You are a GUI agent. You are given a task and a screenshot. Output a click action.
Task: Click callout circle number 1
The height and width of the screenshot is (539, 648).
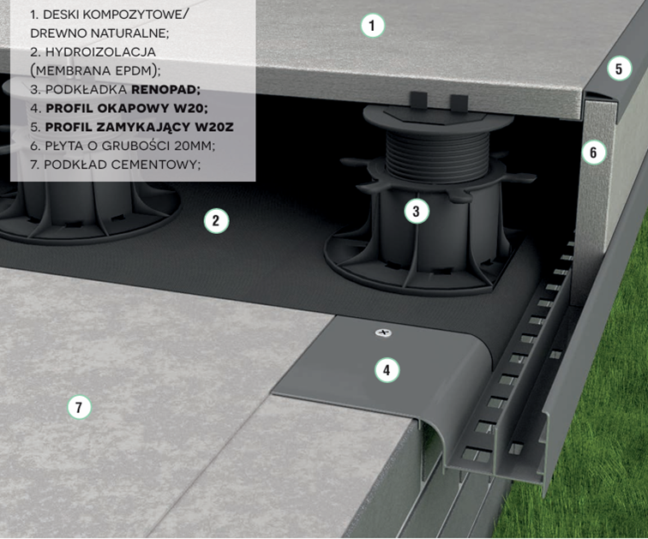click(372, 26)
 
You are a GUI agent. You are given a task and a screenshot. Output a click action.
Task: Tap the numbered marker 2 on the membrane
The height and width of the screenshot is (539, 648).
click(216, 221)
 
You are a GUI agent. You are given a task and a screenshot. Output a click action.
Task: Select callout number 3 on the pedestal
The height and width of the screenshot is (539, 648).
click(417, 212)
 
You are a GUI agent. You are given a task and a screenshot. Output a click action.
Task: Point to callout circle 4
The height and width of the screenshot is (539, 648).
click(387, 369)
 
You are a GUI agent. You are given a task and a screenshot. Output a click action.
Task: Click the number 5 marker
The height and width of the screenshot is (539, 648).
click(619, 69)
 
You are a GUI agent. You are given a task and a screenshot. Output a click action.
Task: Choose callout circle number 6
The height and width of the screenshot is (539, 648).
click(593, 153)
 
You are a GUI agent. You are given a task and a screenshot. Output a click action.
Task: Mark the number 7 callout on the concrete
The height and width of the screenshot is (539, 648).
click(79, 408)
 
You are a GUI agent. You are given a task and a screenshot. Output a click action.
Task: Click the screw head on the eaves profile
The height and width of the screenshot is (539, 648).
click(384, 332)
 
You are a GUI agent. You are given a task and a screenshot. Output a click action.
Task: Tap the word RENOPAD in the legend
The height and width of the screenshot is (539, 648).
click(165, 90)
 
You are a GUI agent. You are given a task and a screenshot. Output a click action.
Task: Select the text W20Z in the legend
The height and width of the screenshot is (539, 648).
click(214, 127)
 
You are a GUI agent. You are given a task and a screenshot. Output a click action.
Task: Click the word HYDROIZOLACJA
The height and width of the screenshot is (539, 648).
click(100, 52)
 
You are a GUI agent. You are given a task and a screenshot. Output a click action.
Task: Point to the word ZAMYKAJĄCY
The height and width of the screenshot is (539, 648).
click(145, 127)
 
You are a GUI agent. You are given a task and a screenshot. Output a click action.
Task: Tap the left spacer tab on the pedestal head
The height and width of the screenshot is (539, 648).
click(418, 101)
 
